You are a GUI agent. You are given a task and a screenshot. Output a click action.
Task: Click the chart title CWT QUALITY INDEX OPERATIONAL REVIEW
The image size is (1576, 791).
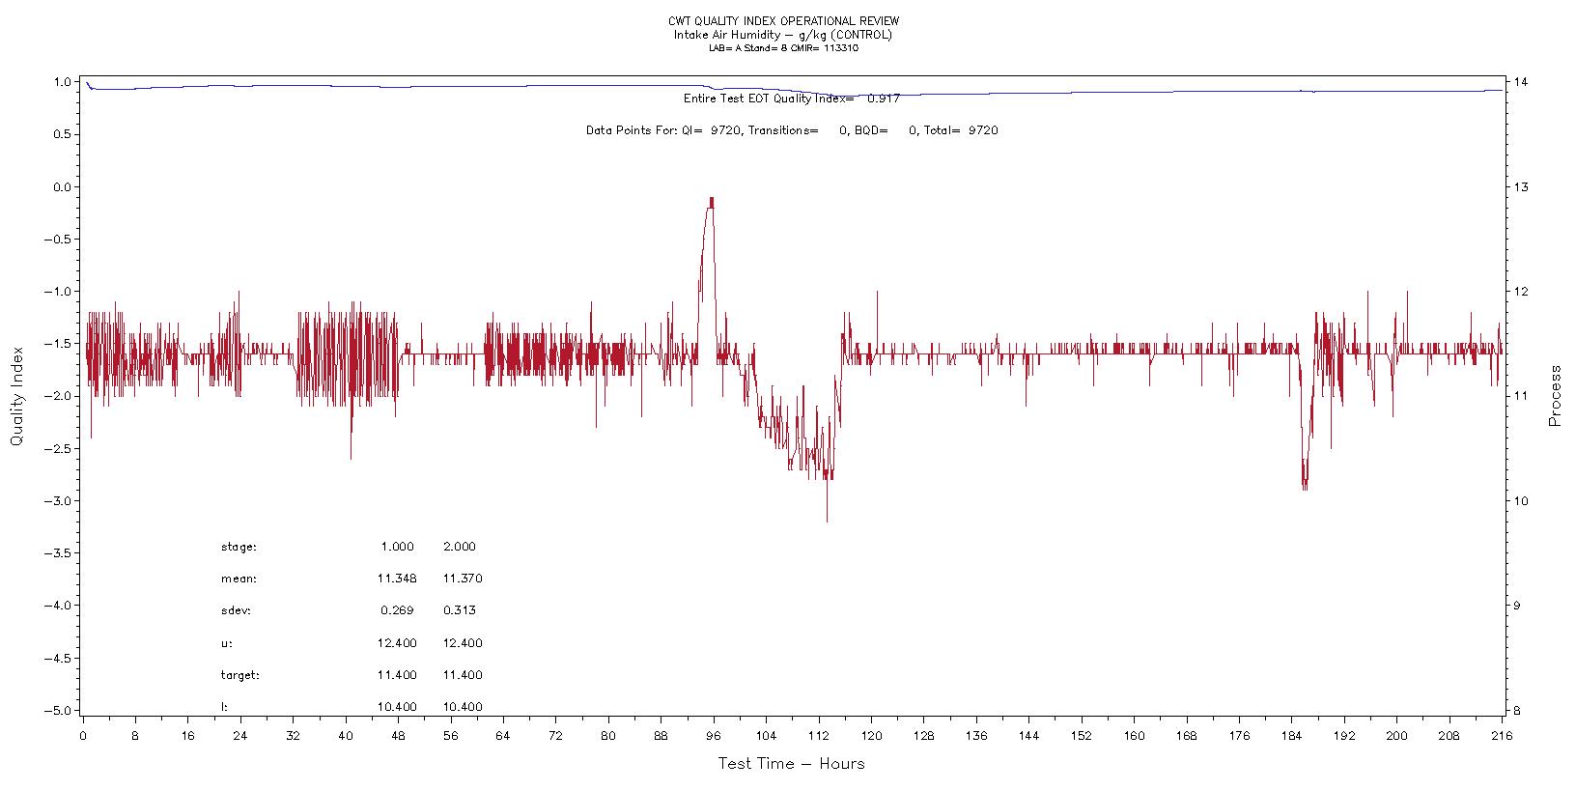click(782, 21)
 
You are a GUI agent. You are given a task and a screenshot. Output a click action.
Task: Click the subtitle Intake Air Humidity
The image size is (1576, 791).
click(727, 35)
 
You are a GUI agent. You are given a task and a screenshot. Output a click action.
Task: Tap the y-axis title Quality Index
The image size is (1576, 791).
click(16, 397)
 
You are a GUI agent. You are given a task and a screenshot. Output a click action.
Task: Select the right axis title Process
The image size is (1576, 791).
click(1555, 396)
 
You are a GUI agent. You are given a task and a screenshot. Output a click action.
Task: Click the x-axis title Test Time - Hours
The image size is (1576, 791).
click(791, 764)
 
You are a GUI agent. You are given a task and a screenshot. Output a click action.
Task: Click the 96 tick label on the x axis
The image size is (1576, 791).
click(714, 735)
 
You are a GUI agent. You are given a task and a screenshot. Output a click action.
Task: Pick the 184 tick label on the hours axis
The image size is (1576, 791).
click(1291, 735)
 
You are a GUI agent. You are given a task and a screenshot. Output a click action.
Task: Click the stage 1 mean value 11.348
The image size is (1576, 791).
click(397, 579)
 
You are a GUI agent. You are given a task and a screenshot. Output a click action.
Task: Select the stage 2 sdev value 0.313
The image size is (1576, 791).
click(460, 610)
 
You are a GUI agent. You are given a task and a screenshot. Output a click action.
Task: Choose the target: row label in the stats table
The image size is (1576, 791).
click(240, 675)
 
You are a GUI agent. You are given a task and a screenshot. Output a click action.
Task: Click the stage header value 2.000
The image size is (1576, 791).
click(460, 547)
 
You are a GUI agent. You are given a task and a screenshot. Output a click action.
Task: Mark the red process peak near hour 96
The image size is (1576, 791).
click(712, 200)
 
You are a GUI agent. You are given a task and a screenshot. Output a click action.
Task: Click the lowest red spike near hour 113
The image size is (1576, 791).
click(827, 521)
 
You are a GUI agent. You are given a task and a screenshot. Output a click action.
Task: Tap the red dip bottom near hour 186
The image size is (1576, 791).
click(1305, 488)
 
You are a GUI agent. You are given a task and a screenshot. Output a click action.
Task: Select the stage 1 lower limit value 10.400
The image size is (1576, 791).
click(397, 707)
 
